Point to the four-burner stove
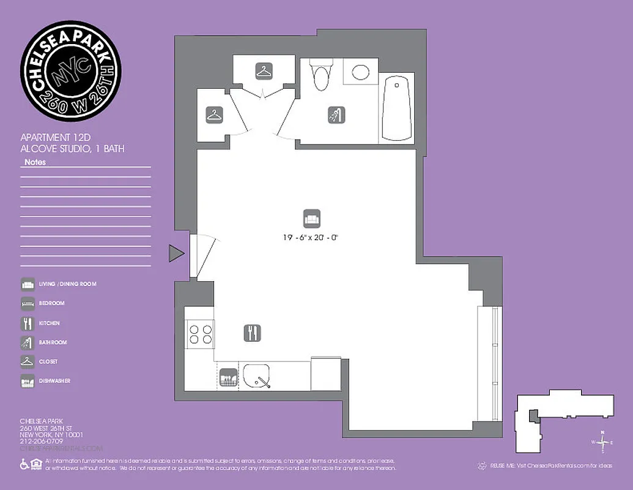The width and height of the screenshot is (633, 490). [x=199, y=335]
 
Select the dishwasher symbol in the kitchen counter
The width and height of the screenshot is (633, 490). [x=228, y=377]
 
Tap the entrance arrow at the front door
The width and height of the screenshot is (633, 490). [x=176, y=253]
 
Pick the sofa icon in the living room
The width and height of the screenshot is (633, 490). [x=311, y=218]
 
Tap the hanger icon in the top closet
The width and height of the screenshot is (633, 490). [x=264, y=72]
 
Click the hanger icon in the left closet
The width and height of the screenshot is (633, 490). [x=214, y=115]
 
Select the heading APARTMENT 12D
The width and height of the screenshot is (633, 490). [x=56, y=137]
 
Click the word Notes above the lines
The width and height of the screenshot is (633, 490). [x=35, y=162]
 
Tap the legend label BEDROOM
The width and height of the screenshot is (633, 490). [x=52, y=303]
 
